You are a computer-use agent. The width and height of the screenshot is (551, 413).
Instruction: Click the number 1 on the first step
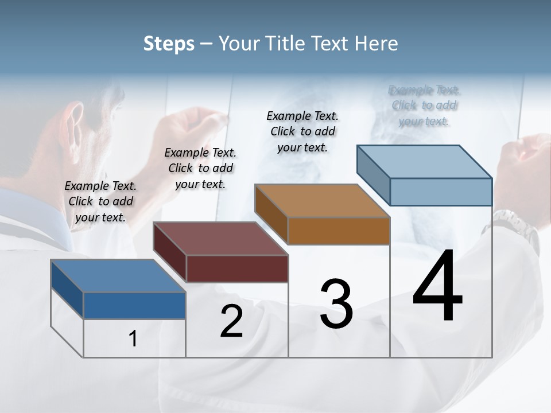(x=133, y=339)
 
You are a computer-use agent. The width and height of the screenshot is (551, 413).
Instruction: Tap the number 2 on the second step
(x=231, y=321)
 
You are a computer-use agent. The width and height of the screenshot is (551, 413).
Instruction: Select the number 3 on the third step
(x=336, y=304)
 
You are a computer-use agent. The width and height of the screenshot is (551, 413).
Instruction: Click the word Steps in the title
(x=169, y=44)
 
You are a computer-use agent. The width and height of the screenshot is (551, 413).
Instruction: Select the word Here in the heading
(x=376, y=44)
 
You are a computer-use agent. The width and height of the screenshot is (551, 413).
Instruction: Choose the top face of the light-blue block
(x=425, y=162)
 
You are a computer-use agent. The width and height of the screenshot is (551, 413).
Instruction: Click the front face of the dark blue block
(x=134, y=305)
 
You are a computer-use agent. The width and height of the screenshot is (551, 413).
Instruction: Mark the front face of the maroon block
(x=237, y=268)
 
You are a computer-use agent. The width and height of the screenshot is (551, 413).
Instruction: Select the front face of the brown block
(x=339, y=231)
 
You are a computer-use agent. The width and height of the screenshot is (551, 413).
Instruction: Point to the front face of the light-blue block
(x=441, y=192)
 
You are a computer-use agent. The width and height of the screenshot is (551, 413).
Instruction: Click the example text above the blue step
(x=100, y=201)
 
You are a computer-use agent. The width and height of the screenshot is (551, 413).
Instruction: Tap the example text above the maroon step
(x=200, y=168)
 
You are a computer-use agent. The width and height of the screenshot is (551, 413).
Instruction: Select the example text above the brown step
(x=302, y=131)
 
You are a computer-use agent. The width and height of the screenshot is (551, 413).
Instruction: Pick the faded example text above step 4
(x=424, y=106)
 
